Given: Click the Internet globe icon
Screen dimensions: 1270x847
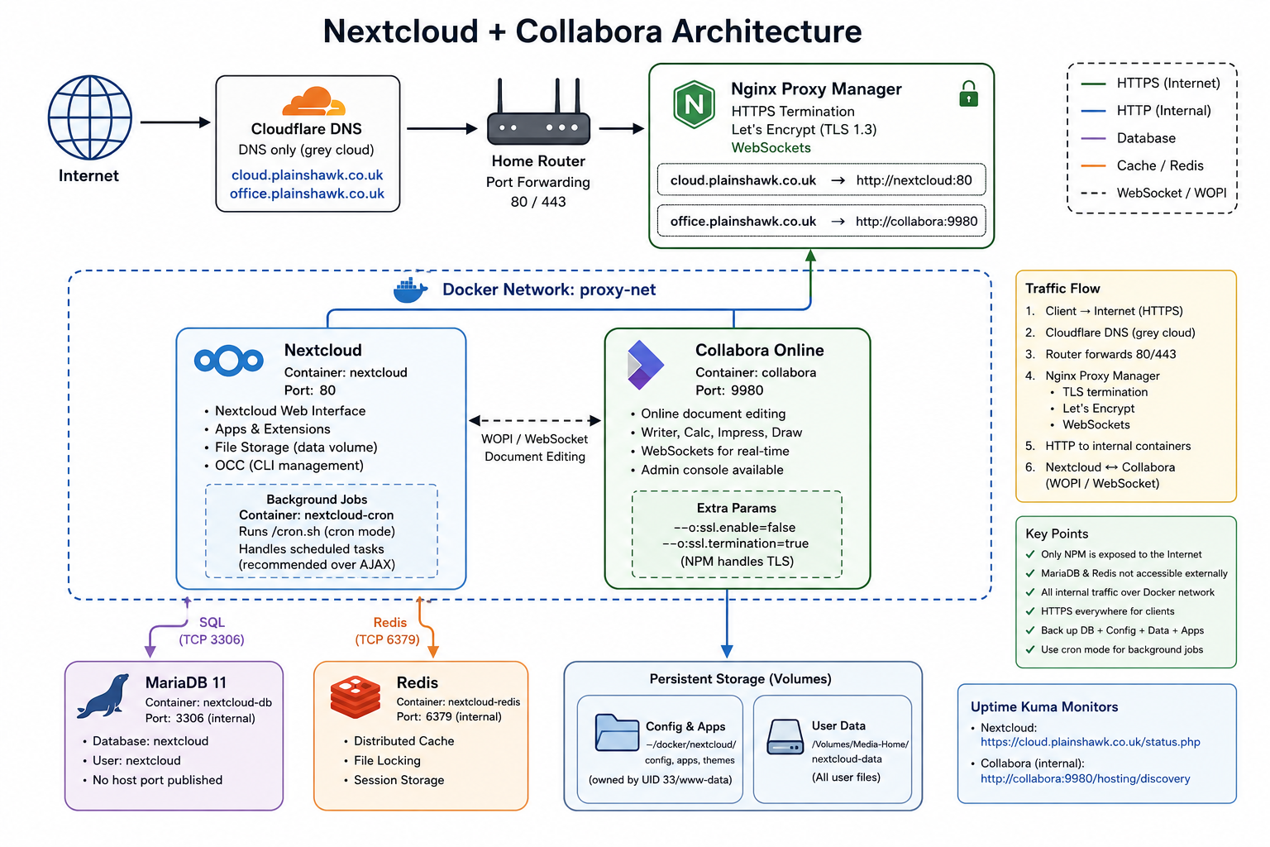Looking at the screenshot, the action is tap(89, 118).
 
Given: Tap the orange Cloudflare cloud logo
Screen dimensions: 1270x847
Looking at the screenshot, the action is tap(313, 102).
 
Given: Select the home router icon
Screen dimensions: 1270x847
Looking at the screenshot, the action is tap(538, 112).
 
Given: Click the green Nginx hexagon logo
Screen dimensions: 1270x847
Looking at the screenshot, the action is tap(694, 104).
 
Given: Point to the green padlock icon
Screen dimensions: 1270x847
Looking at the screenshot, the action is tap(968, 93).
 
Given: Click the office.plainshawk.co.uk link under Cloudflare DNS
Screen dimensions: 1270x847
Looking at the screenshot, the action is tap(307, 194).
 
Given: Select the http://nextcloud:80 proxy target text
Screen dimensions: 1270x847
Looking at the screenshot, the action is tap(914, 180).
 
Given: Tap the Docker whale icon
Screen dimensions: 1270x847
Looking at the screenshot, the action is tap(410, 290).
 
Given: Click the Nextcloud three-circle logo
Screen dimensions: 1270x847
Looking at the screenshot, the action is tap(228, 361).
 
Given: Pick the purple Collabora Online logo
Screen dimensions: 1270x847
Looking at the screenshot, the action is tap(645, 365).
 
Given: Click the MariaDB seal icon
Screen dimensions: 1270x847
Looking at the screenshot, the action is tap(103, 696).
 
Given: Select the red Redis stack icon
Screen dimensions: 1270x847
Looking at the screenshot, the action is tap(356, 697).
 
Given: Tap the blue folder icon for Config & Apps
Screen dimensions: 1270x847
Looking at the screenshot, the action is tap(617, 732).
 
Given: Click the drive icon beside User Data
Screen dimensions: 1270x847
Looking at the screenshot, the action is tap(785, 737).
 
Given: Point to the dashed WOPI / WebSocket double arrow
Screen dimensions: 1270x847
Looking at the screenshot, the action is tap(535, 420).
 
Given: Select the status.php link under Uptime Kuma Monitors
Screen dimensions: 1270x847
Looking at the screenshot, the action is tap(1091, 742).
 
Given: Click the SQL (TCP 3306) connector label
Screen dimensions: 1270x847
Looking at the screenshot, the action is tap(212, 631).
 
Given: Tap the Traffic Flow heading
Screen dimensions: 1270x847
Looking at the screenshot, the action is tap(1062, 288).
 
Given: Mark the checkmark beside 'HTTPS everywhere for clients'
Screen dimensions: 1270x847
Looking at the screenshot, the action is tap(1030, 611).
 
